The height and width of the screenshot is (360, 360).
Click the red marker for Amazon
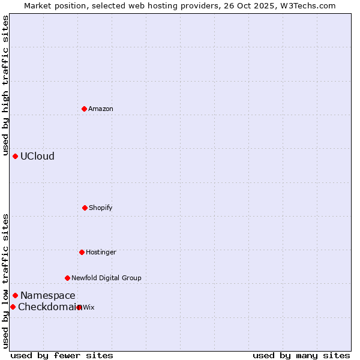(84, 109)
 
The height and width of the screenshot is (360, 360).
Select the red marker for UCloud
(15, 156)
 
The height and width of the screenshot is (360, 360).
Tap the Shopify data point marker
(85, 208)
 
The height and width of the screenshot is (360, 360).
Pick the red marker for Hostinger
(82, 252)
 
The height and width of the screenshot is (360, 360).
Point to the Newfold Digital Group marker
(67, 278)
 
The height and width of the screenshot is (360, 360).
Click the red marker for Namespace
(15, 295)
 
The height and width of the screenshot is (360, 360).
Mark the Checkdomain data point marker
(13, 307)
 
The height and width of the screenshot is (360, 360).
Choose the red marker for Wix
(79, 307)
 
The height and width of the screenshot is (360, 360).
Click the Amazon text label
(101, 109)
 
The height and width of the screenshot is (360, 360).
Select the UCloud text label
(37, 156)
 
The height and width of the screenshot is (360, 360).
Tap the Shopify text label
(101, 208)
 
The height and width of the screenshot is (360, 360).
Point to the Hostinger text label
(101, 252)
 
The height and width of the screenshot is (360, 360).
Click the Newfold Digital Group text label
(106, 278)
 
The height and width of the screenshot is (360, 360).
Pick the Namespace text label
(48, 295)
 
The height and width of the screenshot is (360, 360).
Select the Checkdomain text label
(47, 307)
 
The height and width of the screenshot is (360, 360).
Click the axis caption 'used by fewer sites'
(62, 355)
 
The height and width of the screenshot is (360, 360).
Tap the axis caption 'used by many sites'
(301, 355)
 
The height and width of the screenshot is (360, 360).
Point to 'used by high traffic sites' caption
(5, 85)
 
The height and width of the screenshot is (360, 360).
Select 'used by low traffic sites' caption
(5, 280)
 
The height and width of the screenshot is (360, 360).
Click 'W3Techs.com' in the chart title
(309, 5)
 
